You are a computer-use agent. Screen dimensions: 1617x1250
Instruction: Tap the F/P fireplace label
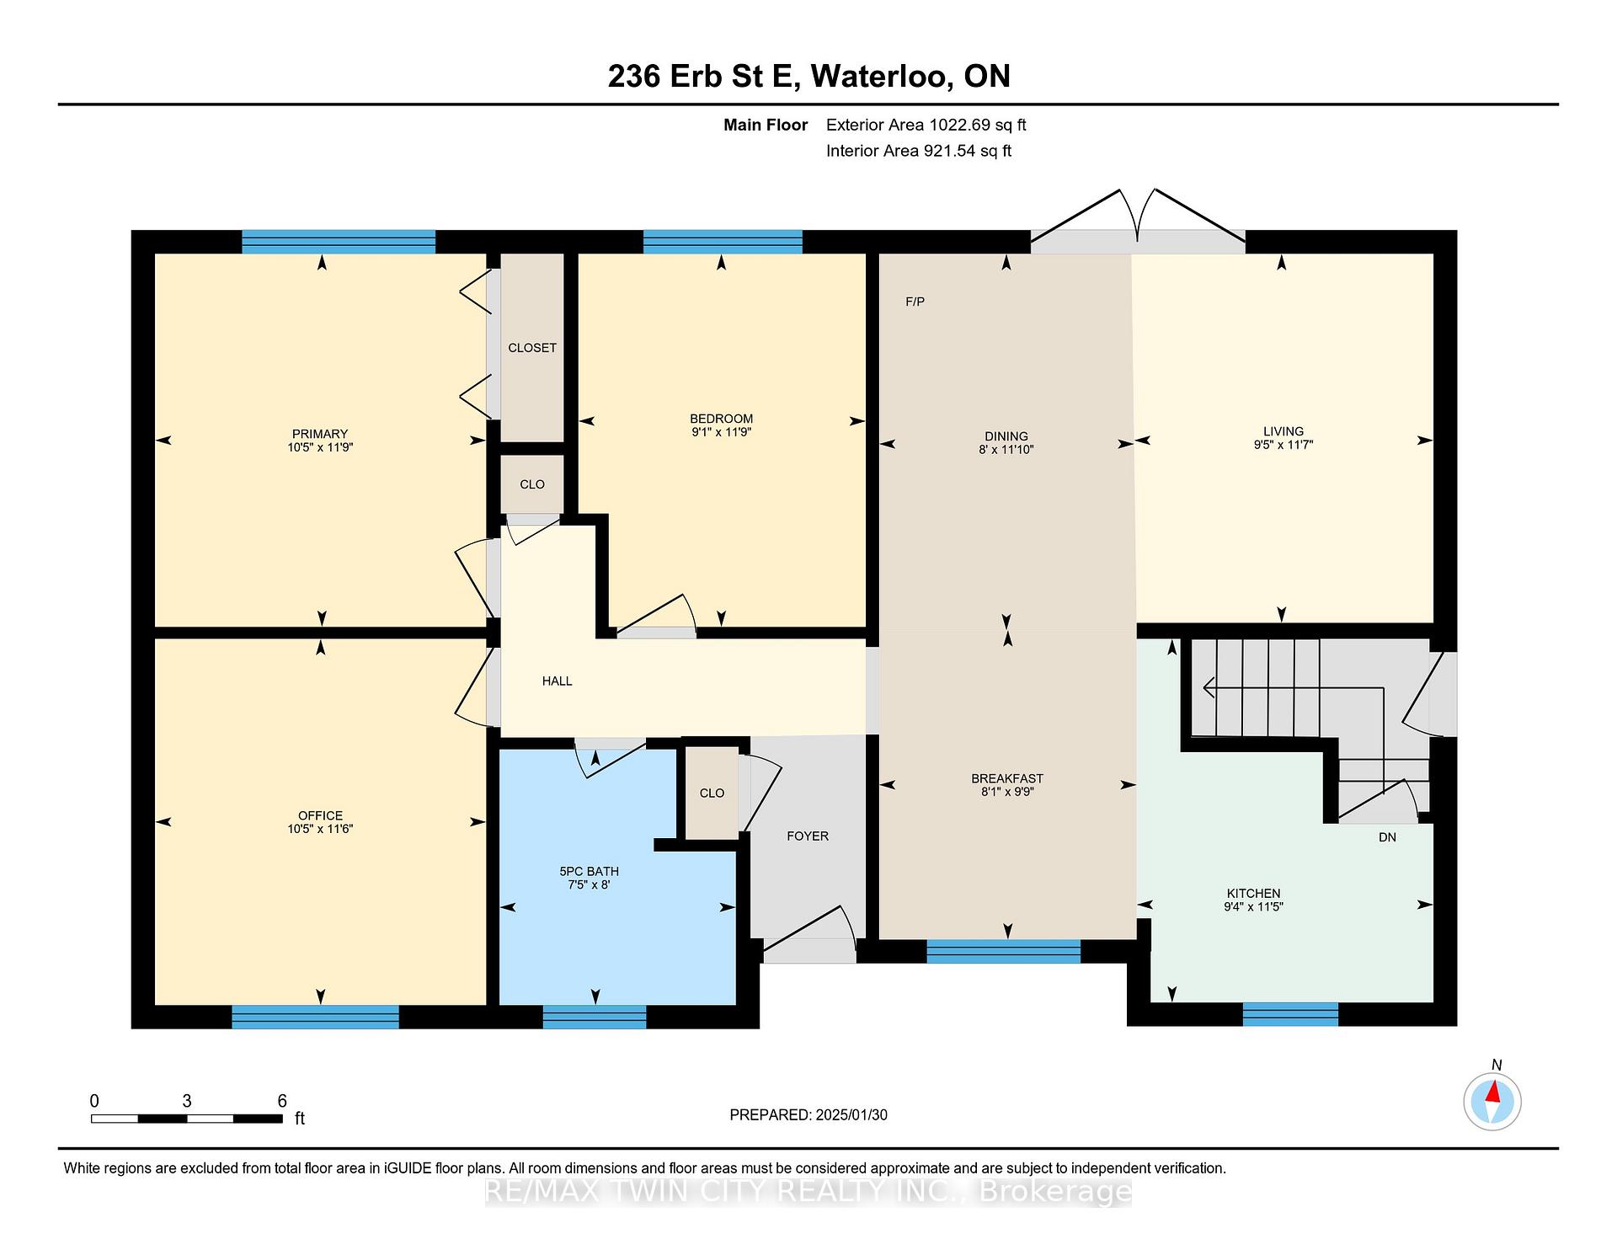(915, 302)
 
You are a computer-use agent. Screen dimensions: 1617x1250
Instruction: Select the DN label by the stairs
(1387, 837)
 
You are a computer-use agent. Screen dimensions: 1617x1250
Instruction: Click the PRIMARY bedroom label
(320, 435)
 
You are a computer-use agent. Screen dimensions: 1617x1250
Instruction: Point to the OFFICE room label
(320, 815)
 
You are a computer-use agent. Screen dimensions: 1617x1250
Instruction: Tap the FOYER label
(808, 836)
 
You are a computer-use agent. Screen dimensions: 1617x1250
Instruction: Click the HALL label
(557, 681)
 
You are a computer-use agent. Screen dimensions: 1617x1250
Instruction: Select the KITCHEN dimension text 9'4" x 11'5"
(1253, 907)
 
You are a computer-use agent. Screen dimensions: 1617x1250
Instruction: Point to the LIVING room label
(1283, 431)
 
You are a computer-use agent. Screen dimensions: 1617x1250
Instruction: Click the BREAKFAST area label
(1007, 779)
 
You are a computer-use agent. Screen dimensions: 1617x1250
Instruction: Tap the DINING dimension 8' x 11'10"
(1006, 450)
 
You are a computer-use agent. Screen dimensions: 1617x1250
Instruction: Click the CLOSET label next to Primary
(532, 348)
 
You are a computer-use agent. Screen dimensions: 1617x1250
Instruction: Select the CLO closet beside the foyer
(712, 793)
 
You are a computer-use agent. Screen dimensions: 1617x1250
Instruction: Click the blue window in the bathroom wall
(595, 1017)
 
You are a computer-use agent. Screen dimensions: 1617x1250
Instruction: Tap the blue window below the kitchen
(1290, 1014)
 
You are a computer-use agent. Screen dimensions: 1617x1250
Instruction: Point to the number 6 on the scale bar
(282, 1101)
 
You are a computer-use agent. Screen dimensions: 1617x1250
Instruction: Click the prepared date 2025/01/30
(851, 1115)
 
